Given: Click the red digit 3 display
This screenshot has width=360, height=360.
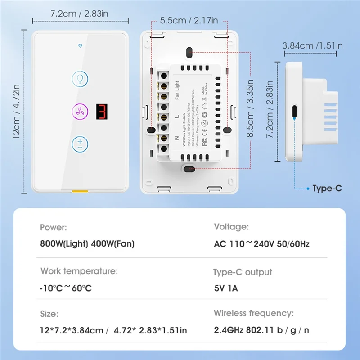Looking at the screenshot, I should click(102, 111).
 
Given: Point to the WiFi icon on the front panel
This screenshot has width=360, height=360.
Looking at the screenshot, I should click(80, 46).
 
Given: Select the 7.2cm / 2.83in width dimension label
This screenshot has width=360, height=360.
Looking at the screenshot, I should click(79, 13).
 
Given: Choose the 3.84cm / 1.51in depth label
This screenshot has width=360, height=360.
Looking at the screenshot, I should click(312, 45).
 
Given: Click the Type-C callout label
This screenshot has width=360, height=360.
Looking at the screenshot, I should click(327, 189).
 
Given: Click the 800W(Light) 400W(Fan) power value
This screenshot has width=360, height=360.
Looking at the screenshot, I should click(87, 244).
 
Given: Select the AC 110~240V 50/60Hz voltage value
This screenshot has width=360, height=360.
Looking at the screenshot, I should click(261, 244).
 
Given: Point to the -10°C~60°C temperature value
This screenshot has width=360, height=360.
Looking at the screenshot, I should click(66, 288).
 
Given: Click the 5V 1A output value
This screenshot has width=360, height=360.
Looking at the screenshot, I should click(226, 288).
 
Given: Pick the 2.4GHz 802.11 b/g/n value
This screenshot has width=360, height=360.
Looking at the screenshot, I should click(261, 330).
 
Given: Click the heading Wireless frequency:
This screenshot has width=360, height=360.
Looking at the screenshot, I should click(253, 313).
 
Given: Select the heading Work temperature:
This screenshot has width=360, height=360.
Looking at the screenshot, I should click(79, 271).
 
